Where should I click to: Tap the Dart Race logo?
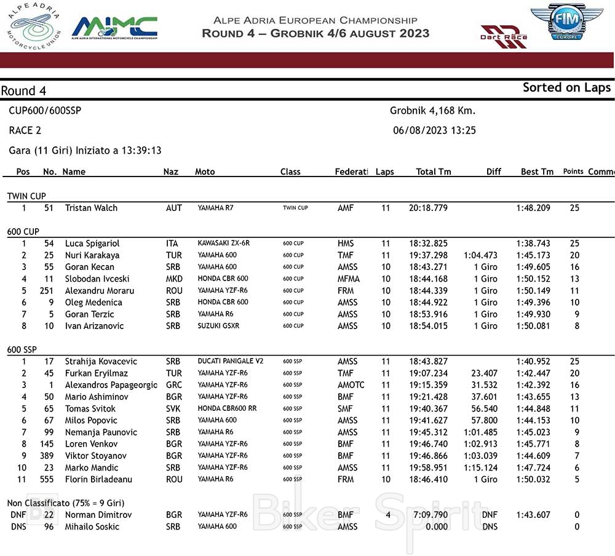point(504,36)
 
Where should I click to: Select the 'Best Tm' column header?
point(537,172)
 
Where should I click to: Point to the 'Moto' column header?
point(205,172)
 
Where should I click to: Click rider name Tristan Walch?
point(91,208)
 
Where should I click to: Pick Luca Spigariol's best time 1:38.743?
point(533,244)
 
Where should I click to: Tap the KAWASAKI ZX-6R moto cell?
point(224,244)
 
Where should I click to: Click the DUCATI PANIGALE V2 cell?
point(231,361)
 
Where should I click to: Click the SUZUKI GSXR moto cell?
point(218,326)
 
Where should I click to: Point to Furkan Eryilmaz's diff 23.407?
point(485,373)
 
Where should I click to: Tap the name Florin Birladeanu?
point(98,479)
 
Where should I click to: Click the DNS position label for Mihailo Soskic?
point(18,526)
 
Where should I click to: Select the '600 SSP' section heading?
point(22,349)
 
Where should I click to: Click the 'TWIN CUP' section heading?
point(26,196)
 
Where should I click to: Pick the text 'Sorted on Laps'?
point(566,87)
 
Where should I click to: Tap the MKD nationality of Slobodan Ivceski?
point(174,279)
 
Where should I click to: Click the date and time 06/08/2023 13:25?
point(434,130)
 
